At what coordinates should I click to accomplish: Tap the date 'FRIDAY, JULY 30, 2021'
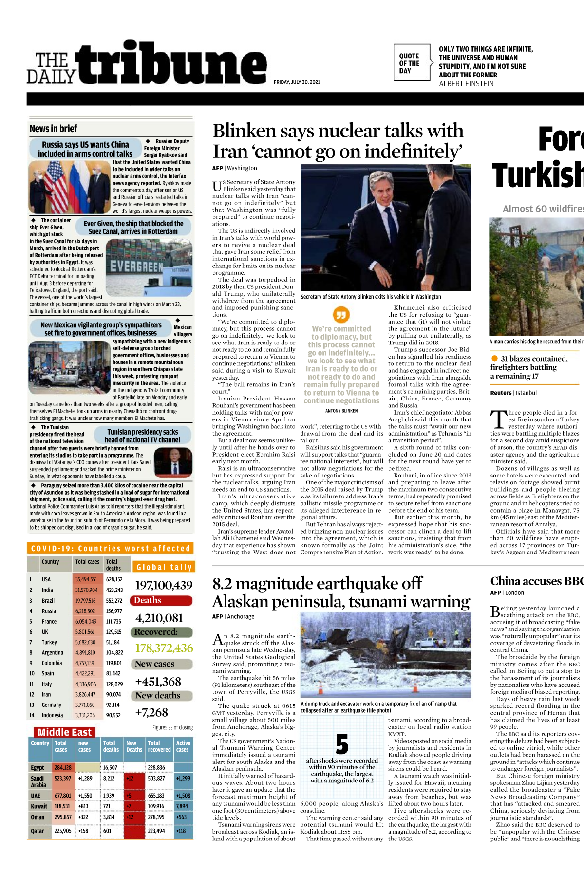297,82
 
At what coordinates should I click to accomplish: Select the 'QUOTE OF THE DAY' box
412,63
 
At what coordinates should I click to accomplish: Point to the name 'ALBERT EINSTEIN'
466,84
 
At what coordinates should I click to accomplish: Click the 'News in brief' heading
53,129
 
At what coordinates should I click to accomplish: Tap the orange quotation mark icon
341,314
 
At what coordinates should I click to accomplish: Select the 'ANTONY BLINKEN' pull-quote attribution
341,411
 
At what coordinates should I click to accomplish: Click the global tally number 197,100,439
164,585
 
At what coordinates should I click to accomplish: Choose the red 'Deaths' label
162,600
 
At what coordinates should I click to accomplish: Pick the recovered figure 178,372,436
164,648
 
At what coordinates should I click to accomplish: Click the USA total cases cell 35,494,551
86,579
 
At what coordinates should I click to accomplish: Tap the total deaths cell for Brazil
114,601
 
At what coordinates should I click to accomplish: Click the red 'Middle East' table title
64,732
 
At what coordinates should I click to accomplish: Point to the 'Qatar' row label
38,831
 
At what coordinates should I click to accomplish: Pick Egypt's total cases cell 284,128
63,767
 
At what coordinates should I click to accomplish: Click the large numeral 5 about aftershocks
342,744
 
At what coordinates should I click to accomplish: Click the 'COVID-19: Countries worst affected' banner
111,549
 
